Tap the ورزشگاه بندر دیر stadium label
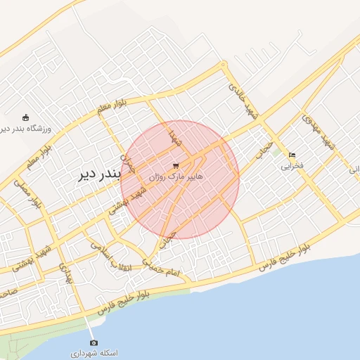26,129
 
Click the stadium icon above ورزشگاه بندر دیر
26,117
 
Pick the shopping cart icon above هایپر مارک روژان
175,165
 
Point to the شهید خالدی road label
243,99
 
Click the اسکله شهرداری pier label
94,352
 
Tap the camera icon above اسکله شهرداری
94,342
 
